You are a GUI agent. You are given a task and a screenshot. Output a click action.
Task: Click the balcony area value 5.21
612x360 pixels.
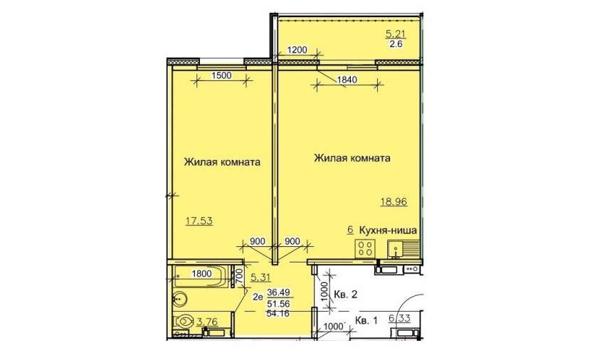pyautogui.click(x=396, y=33)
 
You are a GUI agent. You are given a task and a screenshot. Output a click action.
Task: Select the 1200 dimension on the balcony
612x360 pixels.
pyautogui.click(x=297, y=50)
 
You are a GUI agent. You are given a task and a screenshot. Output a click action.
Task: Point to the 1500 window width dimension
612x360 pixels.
pyautogui.click(x=221, y=75)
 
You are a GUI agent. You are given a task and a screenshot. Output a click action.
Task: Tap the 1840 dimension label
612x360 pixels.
pyautogui.click(x=347, y=80)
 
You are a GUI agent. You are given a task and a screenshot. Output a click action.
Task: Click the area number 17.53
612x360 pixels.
pyautogui.click(x=199, y=221)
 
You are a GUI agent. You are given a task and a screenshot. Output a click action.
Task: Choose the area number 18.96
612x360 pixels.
pyautogui.click(x=394, y=201)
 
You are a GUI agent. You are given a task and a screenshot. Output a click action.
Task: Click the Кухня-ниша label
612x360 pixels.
pyautogui.click(x=388, y=230)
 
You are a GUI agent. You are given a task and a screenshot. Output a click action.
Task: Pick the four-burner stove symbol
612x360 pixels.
pyautogui.click(x=365, y=248)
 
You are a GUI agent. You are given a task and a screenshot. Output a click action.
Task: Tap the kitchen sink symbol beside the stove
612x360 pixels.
pyautogui.click(x=403, y=249)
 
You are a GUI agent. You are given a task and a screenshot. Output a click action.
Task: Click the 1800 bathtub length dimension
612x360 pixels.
pyautogui.click(x=201, y=274)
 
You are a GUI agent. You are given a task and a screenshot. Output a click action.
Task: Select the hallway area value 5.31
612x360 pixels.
pyautogui.click(x=260, y=277)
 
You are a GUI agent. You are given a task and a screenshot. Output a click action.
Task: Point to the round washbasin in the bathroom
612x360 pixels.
pyautogui.click(x=180, y=300)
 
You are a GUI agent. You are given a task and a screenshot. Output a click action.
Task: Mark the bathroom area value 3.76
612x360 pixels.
pyautogui.click(x=207, y=322)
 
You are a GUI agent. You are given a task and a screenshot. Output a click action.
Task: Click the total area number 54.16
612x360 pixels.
pyautogui.click(x=278, y=313)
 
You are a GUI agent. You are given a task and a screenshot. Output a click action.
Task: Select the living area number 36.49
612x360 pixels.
pyautogui.click(x=278, y=292)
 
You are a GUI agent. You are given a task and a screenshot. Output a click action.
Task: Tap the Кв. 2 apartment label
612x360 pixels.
pyautogui.click(x=345, y=295)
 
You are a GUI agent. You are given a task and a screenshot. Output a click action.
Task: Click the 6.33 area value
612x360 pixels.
pyautogui.click(x=399, y=319)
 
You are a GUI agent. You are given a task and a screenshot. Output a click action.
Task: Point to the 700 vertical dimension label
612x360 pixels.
pyautogui.click(x=240, y=277)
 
